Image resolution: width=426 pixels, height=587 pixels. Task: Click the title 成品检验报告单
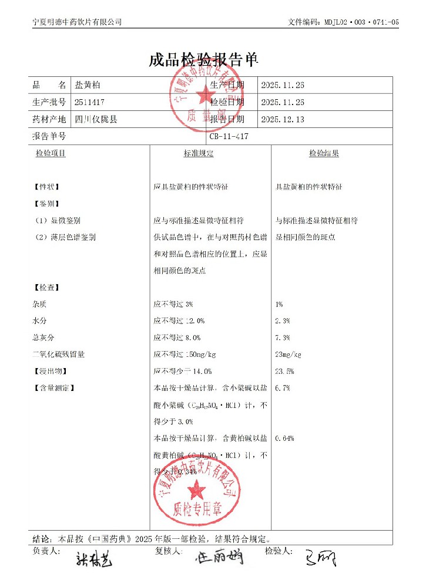pyautogui.click(x=203, y=60)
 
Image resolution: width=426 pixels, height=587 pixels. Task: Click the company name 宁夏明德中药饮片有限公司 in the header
pyautogui.click(x=77, y=22)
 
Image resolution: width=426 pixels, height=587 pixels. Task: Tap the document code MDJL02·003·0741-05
pyautogui.click(x=361, y=22)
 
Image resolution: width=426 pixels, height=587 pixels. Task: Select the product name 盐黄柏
pyautogui.click(x=88, y=85)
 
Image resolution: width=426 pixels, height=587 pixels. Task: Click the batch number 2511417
pyautogui.click(x=90, y=102)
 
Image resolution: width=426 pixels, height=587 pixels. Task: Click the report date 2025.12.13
pyautogui.click(x=283, y=119)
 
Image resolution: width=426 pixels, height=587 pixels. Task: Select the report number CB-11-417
pyautogui.click(x=229, y=136)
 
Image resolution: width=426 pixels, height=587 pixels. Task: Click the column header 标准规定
pyautogui.click(x=199, y=153)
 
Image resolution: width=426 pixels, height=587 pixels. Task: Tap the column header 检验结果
pyautogui.click(x=324, y=153)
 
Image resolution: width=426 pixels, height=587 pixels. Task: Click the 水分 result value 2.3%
pyautogui.click(x=283, y=321)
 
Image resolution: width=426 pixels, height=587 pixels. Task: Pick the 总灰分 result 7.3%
pyautogui.click(x=283, y=338)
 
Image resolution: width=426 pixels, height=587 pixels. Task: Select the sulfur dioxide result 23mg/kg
pyautogui.click(x=288, y=355)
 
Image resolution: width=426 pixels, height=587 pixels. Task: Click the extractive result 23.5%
pyautogui.click(x=284, y=372)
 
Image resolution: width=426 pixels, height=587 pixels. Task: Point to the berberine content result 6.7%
pyautogui.click(x=283, y=389)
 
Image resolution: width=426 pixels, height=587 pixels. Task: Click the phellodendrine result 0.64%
pyautogui.click(x=284, y=438)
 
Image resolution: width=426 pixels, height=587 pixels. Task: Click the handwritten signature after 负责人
pyautogui.click(x=93, y=558)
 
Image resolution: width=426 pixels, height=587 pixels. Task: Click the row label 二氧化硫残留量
pyautogui.click(x=59, y=355)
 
